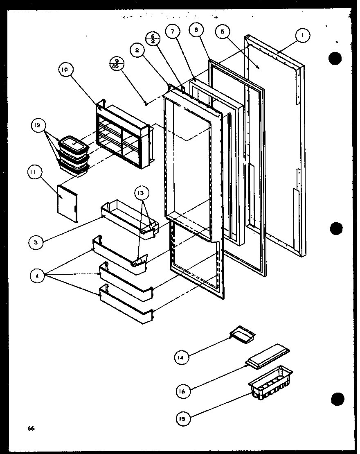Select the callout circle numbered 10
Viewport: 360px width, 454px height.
pyautogui.click(x=65, y=70)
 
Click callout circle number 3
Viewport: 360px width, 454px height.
pyautogui.click(x=36, y=242)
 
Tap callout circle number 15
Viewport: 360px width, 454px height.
pyautogui.click(x=182, y=418)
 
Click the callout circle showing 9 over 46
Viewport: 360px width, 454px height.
pyautogui.click(x=117, y=63)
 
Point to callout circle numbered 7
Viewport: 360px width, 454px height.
pyautogui.click(x=173, y=32)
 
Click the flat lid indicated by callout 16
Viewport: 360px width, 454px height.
pyautogui.click(x=268, y=355)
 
